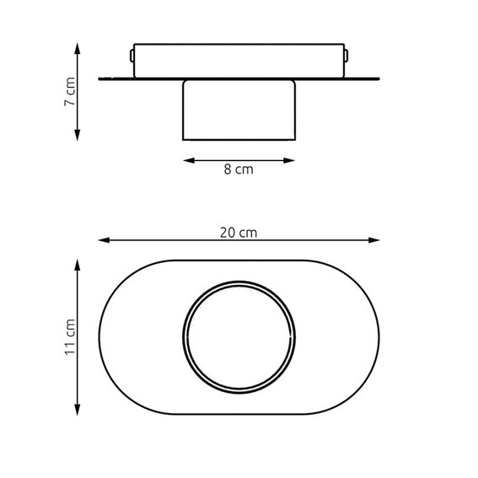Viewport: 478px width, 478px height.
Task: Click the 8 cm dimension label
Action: pos(239,169)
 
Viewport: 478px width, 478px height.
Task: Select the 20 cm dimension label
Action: pos(239,232)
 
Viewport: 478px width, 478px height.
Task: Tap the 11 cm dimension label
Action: pos(71,336)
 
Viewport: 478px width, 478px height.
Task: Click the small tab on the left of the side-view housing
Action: pos(132,56)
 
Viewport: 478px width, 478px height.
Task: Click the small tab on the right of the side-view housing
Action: pos(346,56)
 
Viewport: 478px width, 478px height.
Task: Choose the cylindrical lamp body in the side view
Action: pos(239,110)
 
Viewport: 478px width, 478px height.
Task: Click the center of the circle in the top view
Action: pos(239,336)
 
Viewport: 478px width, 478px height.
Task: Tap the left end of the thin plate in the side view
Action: pos(100,79)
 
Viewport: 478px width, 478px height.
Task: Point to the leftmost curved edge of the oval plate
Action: pos(99,336)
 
